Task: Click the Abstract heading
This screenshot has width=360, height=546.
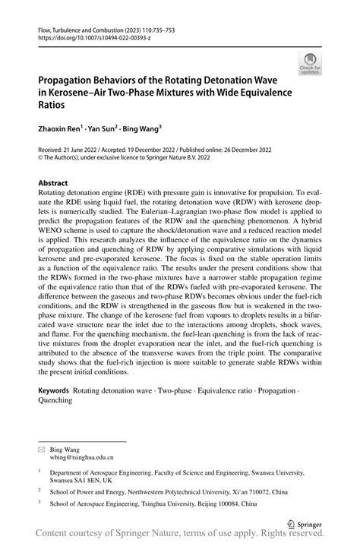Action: [x=53, y=183]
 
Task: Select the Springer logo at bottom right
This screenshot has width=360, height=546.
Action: [x=303, y=523]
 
